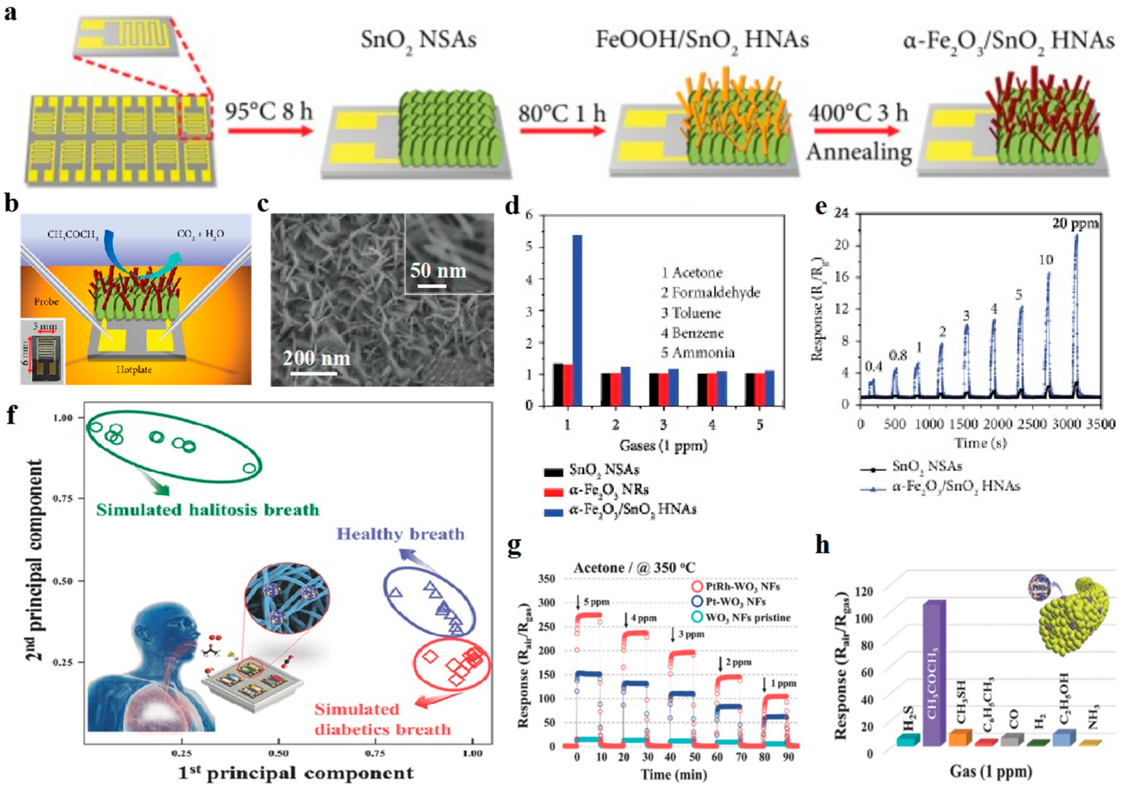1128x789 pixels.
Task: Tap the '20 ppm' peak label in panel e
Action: pyautogui.click(x=1075, y=224)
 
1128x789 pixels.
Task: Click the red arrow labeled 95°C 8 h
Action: pyautogui.click(x=270, y=131)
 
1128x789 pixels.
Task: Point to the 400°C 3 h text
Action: pyautogui.click(x=858, y=113)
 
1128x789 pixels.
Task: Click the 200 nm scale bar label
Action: pyautogui.click(x=316, y=358)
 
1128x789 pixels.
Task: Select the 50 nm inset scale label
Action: pyautogui.click(x=438, y=271)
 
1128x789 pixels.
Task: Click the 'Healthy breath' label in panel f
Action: pyautogui.click(x=400, y=534)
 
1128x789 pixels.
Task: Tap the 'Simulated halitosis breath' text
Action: pyautogui.click(x=207, y=510)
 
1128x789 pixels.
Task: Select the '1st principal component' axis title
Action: pyautogui.click(x=296, y=774)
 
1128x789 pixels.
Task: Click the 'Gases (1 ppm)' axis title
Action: pyautogui.click(x=663, y=445)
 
